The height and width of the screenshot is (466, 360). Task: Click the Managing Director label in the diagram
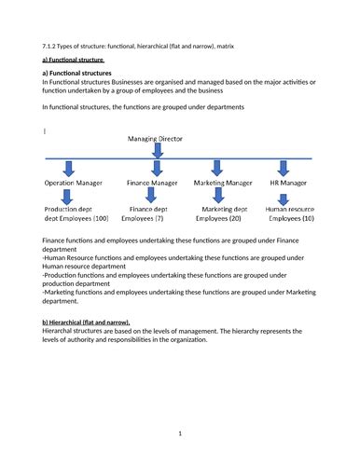(158, 139)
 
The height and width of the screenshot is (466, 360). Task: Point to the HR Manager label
(289, 185)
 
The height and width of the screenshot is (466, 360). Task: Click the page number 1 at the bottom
(179, 433)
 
